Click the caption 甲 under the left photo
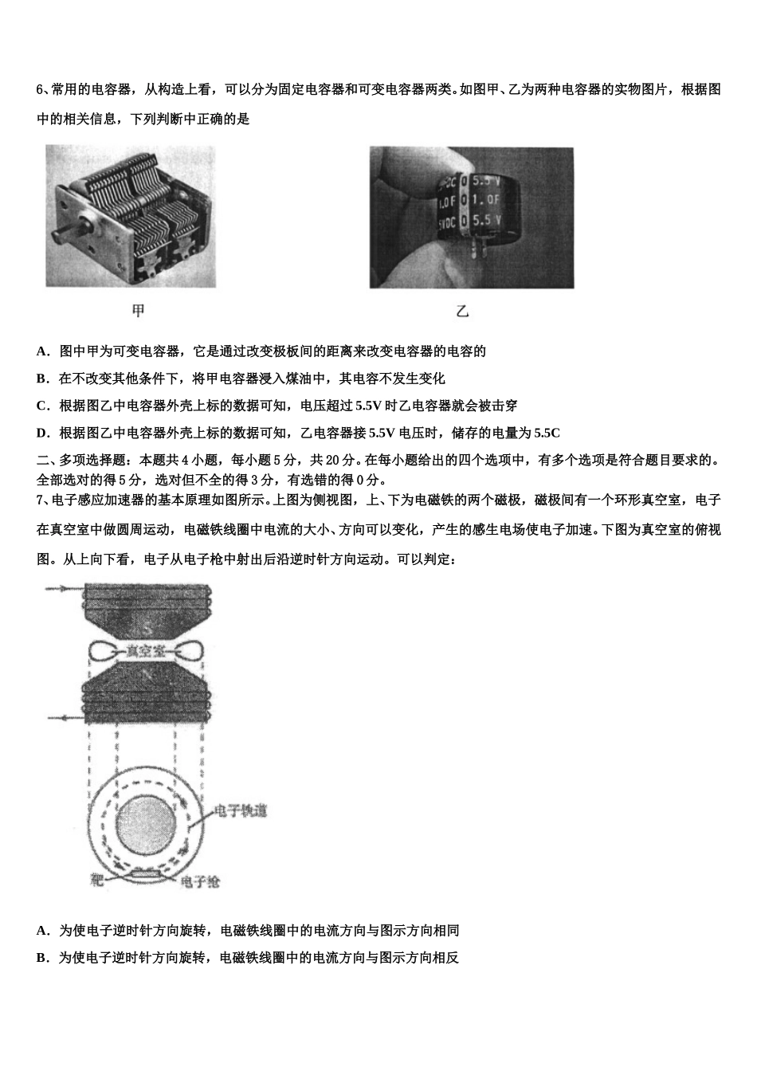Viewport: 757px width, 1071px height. (x=137, y=311)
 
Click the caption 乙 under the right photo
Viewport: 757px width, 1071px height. (x=462, y=311)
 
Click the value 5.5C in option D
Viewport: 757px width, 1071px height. (x=547, y=433)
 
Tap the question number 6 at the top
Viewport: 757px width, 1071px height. (x=40, y=89)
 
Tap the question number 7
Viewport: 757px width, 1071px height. (x=40, y=500)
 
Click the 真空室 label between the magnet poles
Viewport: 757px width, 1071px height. (x=147, y=651)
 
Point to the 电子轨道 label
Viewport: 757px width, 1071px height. (x=241, y=811)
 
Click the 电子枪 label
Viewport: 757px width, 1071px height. (x=201, y=881)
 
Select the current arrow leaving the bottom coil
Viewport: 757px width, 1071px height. (x=62, y=719)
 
